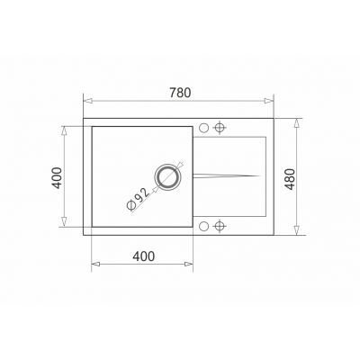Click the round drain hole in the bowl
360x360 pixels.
pos(167,177)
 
